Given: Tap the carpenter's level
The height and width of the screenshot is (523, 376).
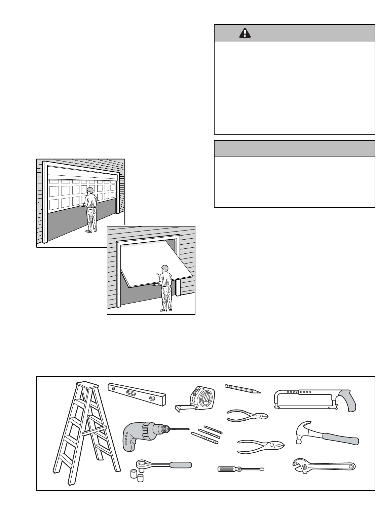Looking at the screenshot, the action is point(137,393).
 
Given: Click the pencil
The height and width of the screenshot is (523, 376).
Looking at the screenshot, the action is point(242,388).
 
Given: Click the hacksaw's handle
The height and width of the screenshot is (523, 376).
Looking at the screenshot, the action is point(346,400).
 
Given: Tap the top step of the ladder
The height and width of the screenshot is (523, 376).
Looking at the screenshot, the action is point(86,384).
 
